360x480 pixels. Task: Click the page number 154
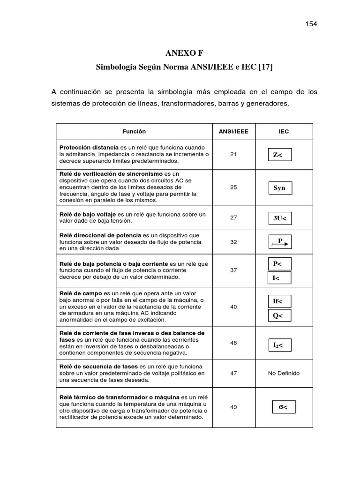click(311, 24)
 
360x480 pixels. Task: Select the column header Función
click(134, 132)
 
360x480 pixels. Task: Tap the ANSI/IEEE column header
click(233, 132)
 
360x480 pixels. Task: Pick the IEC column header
click(284, 132)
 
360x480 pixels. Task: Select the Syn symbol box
click(280, 188)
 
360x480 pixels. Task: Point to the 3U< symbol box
click(280, 218)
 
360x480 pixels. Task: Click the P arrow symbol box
click(280, 242)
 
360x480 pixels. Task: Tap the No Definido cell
click(284, 373)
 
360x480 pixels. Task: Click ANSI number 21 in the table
click(233, 153)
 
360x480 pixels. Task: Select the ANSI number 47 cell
click(233, 373)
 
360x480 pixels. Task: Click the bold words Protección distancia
click(89, 147)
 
